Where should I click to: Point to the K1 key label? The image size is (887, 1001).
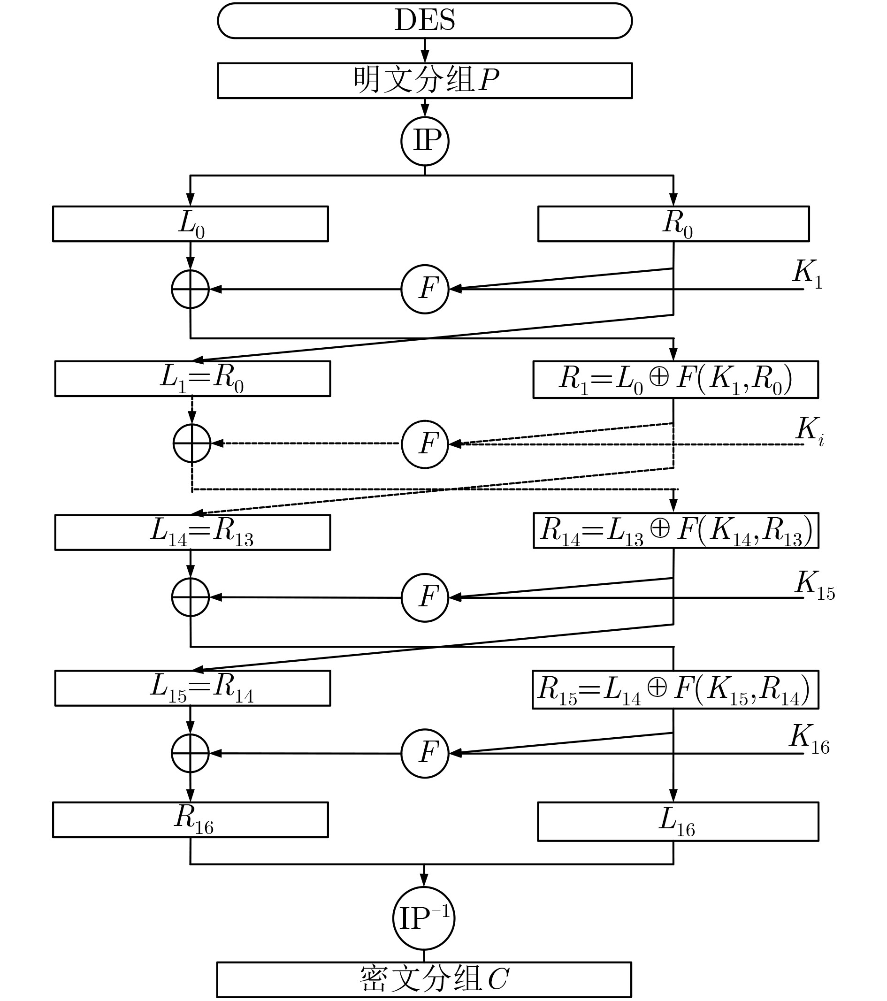click(807, 274)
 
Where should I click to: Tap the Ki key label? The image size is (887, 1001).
click(810, 431)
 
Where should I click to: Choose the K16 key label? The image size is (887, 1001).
click(809, 739)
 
